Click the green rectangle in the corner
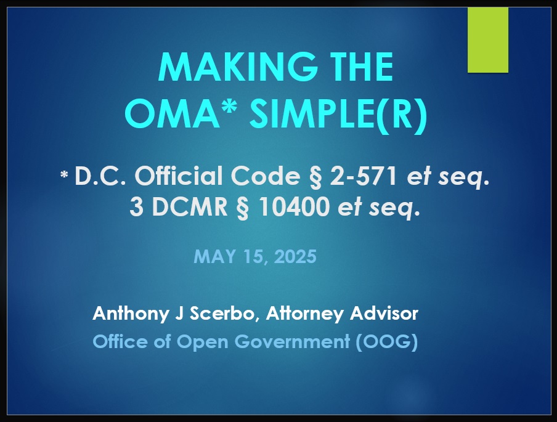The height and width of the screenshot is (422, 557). pos(488,40)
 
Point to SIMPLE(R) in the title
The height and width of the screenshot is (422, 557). pos(338,115)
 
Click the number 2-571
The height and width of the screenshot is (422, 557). pos(364,176)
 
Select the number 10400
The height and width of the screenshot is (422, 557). pos(294,207)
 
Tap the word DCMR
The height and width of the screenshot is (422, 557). pos(189,207)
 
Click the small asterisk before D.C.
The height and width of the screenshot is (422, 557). pos(64,175)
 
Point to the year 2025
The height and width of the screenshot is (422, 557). pos(295,256)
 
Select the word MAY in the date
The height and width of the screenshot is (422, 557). pos(214,256)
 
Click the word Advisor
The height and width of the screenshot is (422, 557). pos(384,314)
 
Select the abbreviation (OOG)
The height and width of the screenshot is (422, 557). pos(386,342)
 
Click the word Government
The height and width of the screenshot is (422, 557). pos(292,342)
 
